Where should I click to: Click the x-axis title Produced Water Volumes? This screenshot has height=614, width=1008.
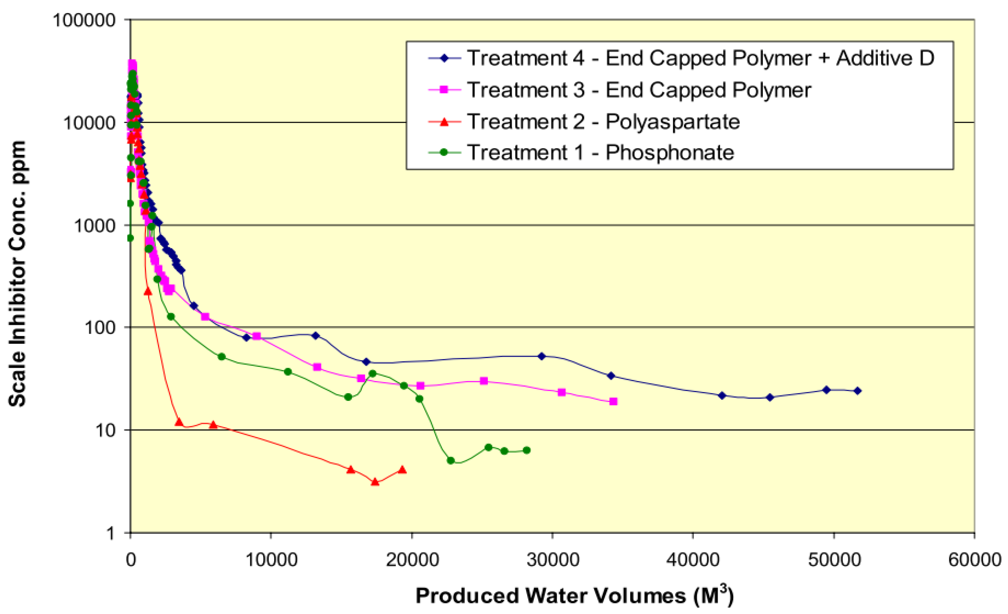point(574,596)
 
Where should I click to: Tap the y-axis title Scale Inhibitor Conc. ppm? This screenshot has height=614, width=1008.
point(17,274)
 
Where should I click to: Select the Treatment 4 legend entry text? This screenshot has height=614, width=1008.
point(700,58)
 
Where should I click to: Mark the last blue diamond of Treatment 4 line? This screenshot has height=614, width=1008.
point(858,391)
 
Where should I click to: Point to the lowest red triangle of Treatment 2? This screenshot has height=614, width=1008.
point(375,482)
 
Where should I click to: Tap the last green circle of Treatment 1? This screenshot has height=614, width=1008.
point(526,450)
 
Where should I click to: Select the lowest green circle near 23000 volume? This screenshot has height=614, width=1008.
point(451,461)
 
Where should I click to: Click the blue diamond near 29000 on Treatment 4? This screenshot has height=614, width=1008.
point(542,356)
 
